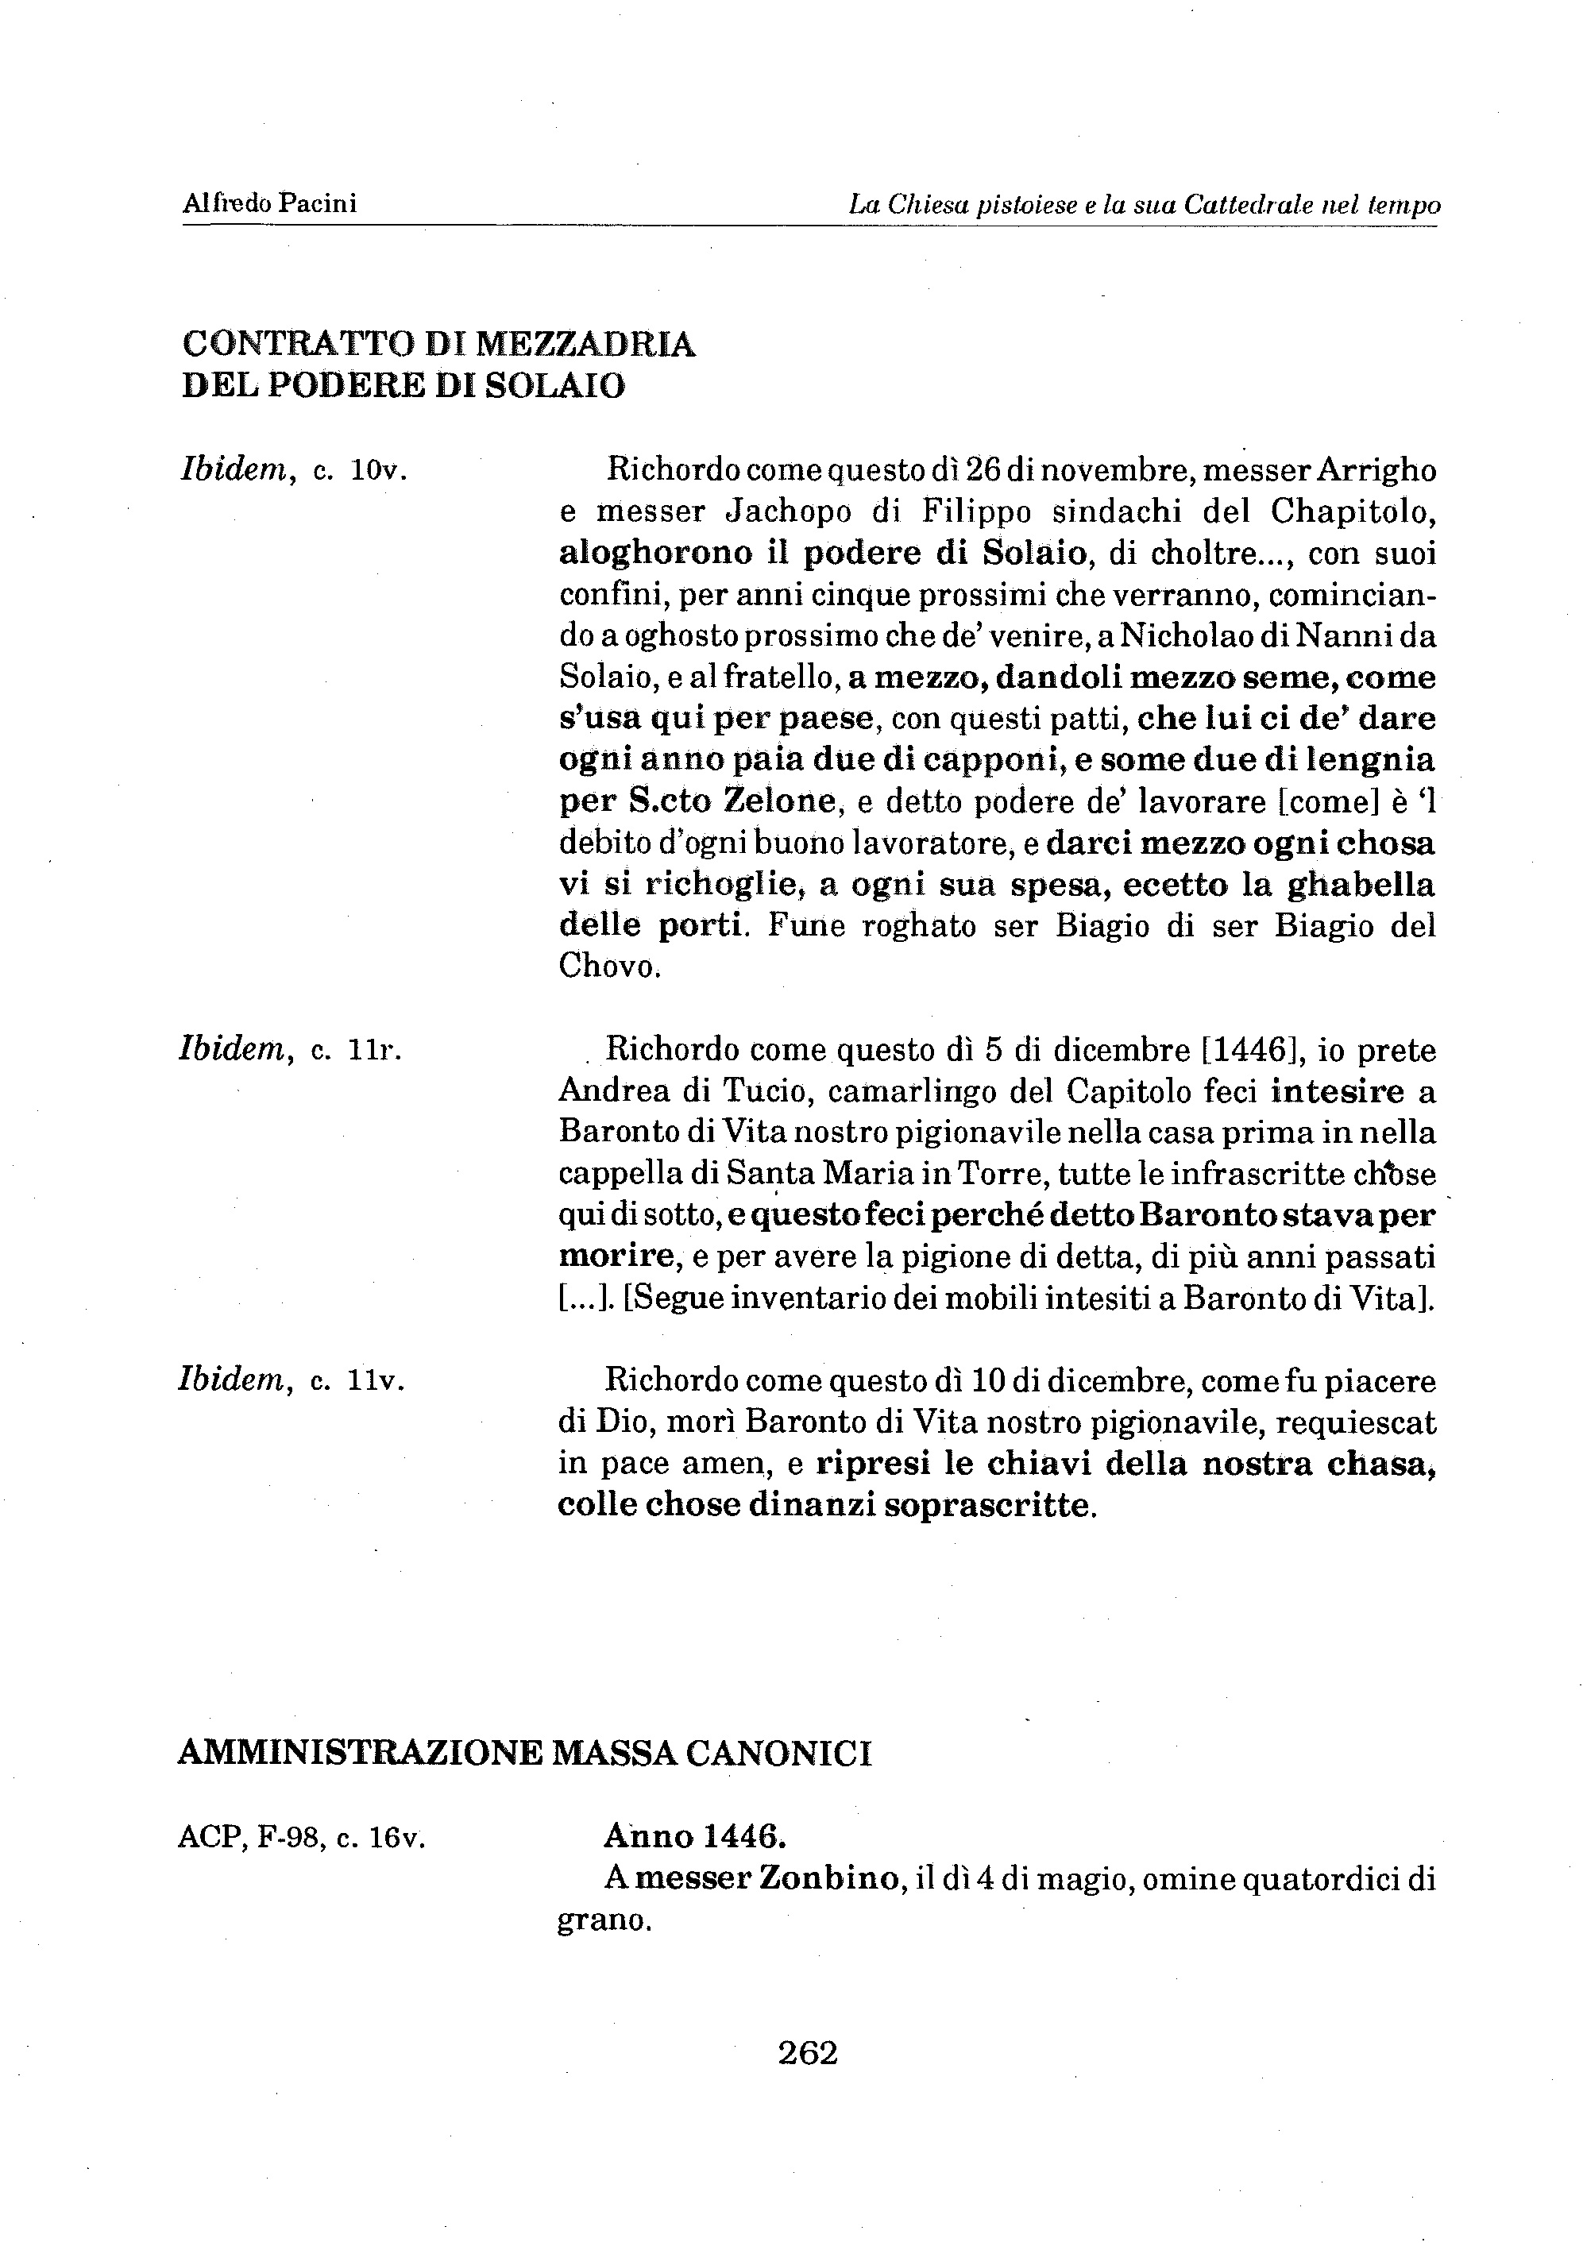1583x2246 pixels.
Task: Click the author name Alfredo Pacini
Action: coord(269,203)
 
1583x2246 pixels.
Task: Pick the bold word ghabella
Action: coord(1359,886)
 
